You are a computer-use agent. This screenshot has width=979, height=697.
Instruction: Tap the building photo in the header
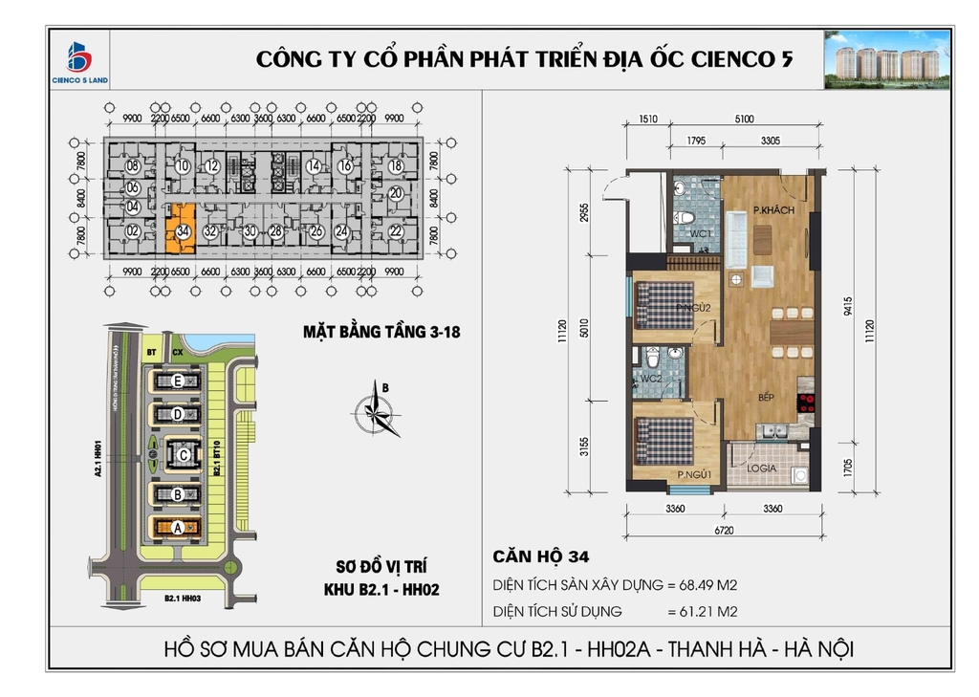click(887, 59)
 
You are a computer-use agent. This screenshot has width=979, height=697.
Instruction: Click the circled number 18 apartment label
click(395, 165)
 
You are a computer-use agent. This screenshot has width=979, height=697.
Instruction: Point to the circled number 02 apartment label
click(133, 230)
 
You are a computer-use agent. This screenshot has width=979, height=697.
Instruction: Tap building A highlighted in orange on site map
click(178, 527)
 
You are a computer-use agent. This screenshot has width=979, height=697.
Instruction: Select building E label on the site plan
click(178, 381)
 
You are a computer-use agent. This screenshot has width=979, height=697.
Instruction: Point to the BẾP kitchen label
click(766, 396)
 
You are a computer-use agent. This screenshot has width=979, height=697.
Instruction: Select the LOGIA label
click(761, 469)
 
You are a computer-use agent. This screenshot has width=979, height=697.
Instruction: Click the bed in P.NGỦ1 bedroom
click(664, 440)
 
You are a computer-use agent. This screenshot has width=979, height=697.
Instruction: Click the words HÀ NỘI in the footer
click(817, 650)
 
